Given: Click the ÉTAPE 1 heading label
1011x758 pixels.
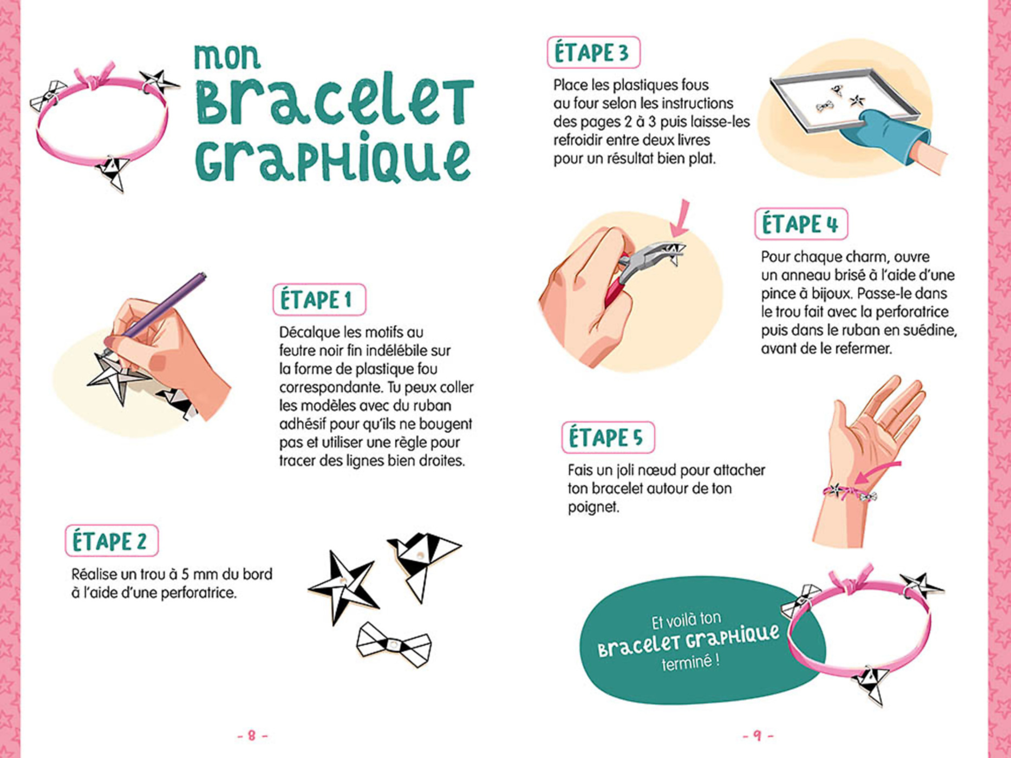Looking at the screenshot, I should pos(319,299).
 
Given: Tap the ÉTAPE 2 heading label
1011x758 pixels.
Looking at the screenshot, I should pos(111,541).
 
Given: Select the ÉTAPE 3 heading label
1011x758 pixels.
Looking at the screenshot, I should pos(593,53).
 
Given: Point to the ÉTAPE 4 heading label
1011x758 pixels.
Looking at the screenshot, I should pos(800,224).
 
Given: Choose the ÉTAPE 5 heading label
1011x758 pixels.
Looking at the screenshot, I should pos(607,437).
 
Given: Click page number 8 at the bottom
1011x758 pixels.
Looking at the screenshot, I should pos(252,735).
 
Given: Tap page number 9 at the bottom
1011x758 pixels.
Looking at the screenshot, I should pos(757,735).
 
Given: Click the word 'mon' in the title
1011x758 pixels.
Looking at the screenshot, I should pos(227,56).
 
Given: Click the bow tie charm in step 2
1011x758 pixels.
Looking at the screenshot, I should pos(394,644).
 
